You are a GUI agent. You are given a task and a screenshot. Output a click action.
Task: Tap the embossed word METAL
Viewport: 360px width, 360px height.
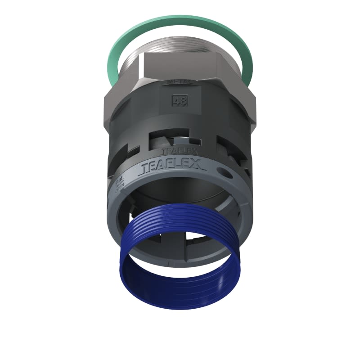[x=178, y=82]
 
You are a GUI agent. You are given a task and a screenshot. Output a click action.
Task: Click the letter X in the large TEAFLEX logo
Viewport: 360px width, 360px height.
[x=198, y=166]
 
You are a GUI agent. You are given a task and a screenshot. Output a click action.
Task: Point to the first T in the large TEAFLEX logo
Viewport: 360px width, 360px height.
[x=147, y=169]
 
